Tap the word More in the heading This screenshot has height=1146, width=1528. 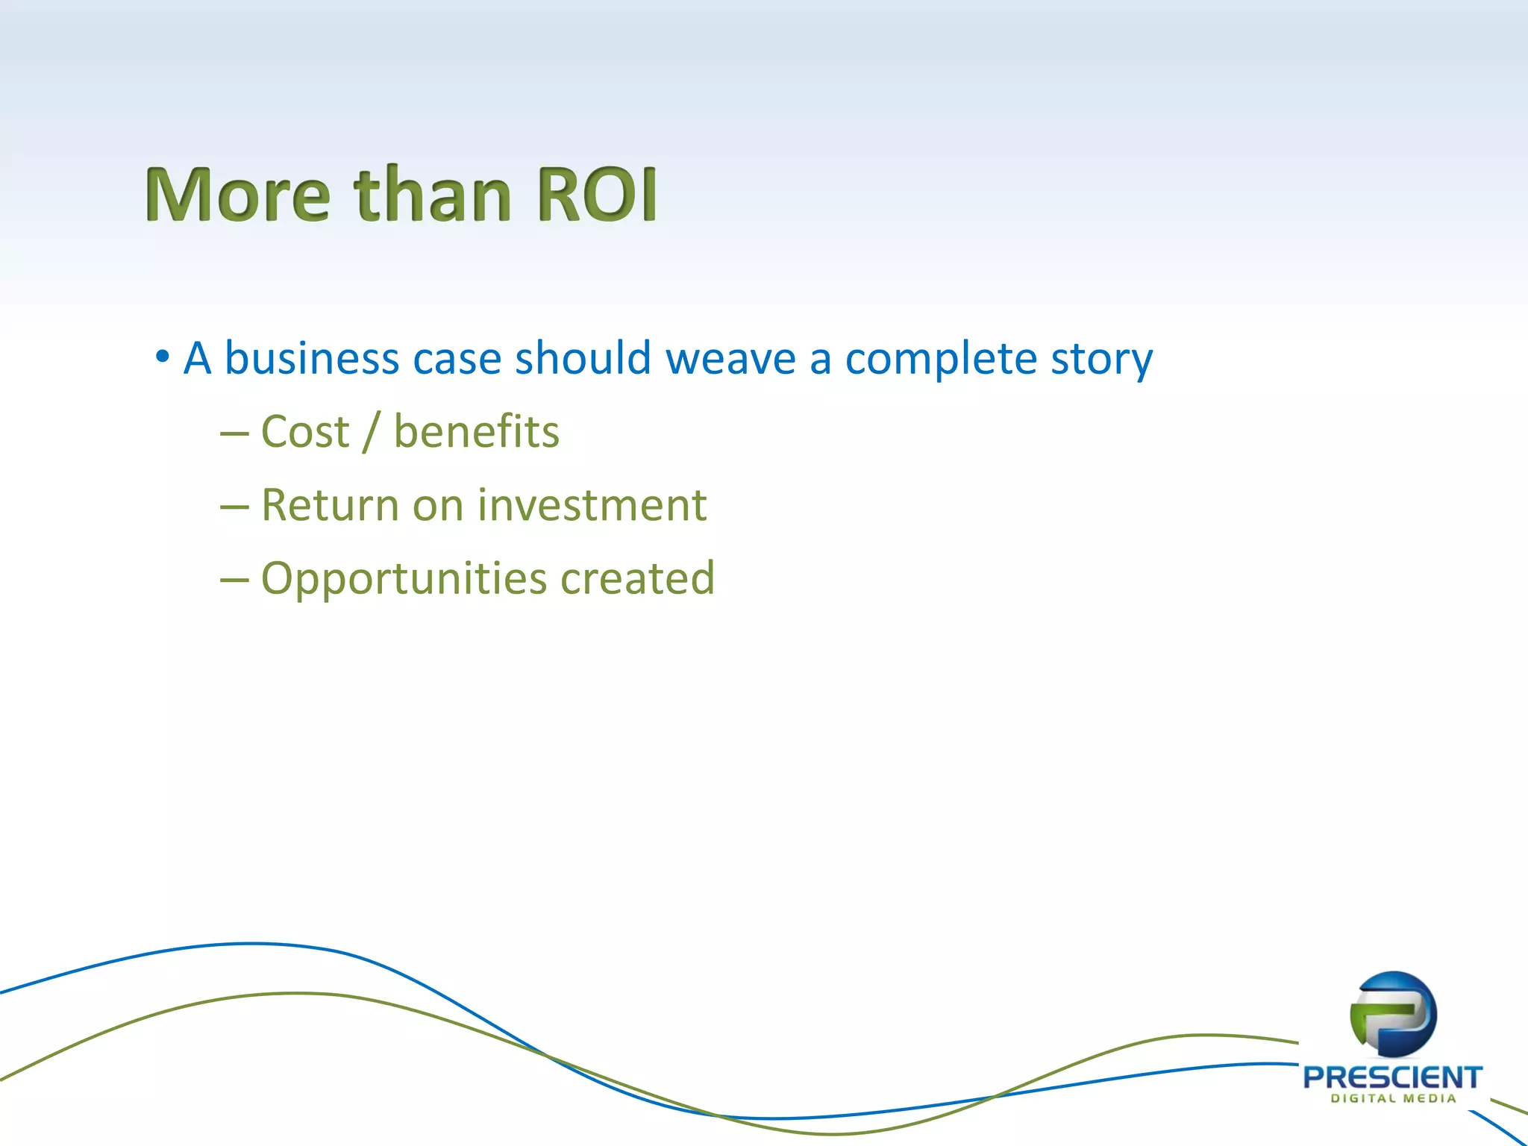pos(237,195)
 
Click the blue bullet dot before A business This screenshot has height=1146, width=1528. pos(162,357)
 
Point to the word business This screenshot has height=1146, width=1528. pos(312,358)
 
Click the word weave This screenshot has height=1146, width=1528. pos(730,360)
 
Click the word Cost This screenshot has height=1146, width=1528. pos(305,432)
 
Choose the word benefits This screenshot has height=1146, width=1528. pos(476,432)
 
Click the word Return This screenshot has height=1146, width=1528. pos(330,505)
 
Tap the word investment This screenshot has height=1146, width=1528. pos(592,505)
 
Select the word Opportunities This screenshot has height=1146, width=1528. pos(404,579)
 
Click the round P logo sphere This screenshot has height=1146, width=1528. pos(1393,1014)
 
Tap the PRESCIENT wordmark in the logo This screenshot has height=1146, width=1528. pos(1392,1077)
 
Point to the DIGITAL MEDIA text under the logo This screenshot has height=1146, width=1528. pos(1393,1098)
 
